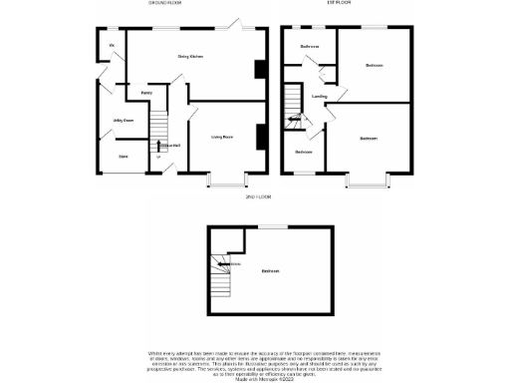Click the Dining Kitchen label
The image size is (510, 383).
190,57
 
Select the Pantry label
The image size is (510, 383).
145,92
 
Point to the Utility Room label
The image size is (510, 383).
124,121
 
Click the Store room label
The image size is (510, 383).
124,157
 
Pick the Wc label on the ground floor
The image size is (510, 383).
112,46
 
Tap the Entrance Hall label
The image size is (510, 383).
170,146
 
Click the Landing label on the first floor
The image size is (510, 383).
319,97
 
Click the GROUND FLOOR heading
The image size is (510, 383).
164,4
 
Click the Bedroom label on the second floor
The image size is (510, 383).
269,271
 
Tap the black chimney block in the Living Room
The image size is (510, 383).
261,136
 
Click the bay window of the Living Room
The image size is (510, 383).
228,183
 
